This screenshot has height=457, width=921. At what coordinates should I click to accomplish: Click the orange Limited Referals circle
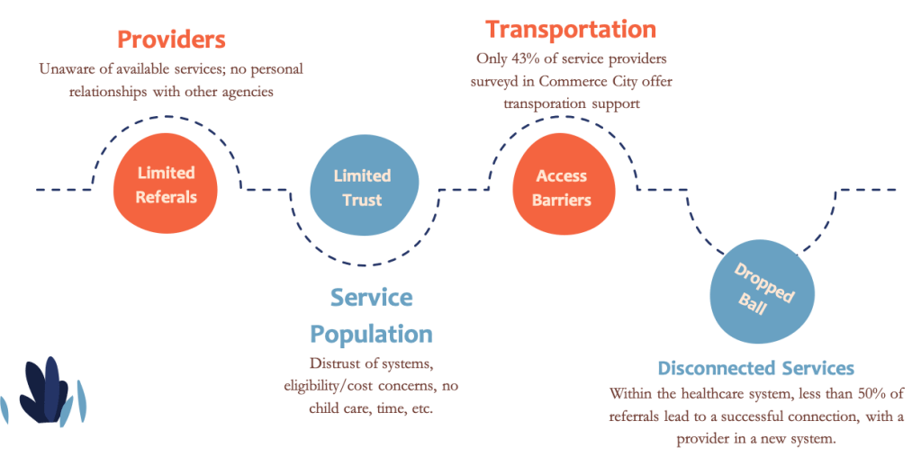(x=166, y=185)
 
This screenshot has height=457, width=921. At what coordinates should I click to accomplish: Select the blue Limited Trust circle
(x=363, y=187)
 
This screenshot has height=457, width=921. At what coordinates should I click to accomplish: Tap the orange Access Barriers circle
(x=562, y=187)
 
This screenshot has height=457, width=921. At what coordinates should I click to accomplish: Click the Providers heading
(x=171, y=40)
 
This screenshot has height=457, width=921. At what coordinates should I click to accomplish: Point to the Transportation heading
(x=571, y=29)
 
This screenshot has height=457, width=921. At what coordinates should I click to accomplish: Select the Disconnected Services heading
(x=755, y=369)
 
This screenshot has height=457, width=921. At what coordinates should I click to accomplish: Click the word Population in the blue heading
(x=371, y=335)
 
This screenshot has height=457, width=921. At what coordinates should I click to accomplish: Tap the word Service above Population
(x=371, y=298)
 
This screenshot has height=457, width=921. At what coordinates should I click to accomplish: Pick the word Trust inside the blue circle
(x=363, y=200)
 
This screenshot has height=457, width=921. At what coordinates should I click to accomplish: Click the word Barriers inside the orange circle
(x=562, y=200)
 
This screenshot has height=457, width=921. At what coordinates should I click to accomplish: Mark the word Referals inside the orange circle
(x=166, y=197)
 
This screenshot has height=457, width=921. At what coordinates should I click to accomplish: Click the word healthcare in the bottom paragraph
(x=710, y=394)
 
